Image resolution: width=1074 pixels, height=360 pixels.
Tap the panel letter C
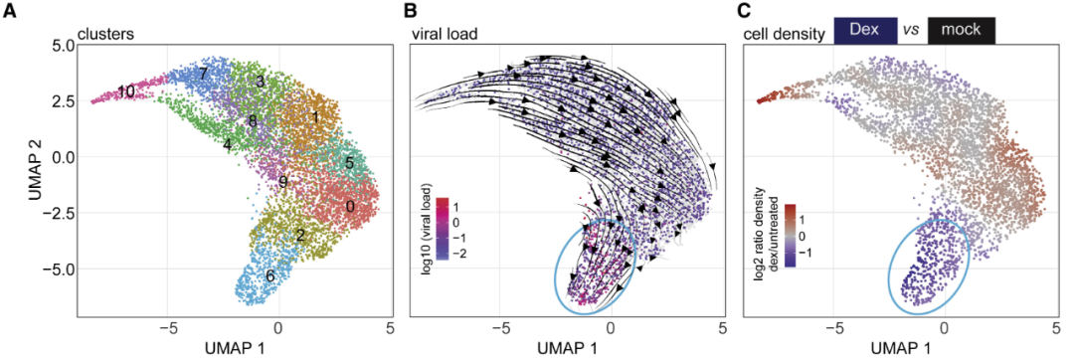[x=752, y=12]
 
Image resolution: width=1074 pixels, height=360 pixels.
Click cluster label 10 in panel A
[x=125, y=91]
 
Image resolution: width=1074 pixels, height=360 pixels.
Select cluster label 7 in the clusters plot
[x=204, y=73]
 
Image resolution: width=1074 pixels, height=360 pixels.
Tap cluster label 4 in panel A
[x=226, y=144]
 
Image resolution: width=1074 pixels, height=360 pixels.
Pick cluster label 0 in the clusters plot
[x=350, y=206]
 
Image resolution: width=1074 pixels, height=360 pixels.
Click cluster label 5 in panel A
[x=349, y=163]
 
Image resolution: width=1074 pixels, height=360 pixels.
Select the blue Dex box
[x=865, y=32]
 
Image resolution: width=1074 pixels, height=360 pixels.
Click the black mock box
[x=961, y=32]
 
